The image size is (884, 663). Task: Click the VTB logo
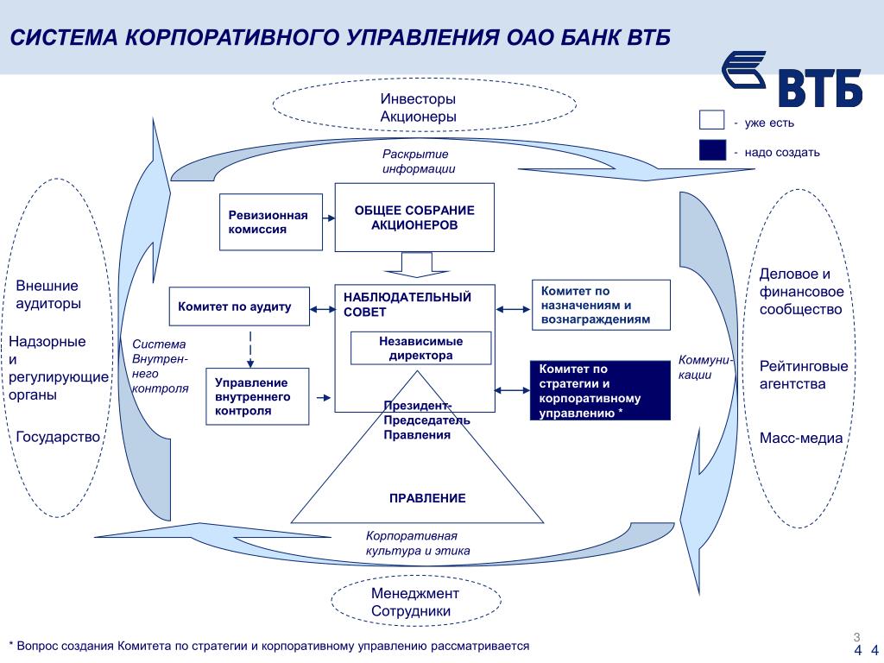[x=791, y=79]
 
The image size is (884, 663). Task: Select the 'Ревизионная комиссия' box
[x=269, y=222]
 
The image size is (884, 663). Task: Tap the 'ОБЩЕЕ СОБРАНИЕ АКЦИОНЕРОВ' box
[x=414, y=218]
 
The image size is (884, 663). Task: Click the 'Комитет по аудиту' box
[x=238, y=306]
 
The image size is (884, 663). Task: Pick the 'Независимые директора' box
[x=420, y=348]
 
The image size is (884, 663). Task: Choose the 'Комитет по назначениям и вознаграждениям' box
[x=601, y=305]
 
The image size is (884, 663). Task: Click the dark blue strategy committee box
[x=599, y=391]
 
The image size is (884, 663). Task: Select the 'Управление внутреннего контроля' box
[x=257, y=396]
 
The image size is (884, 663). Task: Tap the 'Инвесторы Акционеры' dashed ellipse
[x=423, y=108]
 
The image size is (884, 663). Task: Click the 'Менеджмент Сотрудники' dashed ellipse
[x=415, y=602]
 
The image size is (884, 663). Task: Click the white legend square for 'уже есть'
[x=712, y=122]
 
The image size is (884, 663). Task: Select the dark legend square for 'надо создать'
[x=712, y=151]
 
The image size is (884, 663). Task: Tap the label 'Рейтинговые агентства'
[x=804, y=375]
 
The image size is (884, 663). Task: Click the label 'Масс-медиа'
[x=801, y=438]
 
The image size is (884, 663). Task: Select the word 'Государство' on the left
[x=59, y=437]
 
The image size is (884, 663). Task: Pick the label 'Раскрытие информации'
[x=419, y=161]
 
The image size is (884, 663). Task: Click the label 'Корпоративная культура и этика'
[x=418, y=543]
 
